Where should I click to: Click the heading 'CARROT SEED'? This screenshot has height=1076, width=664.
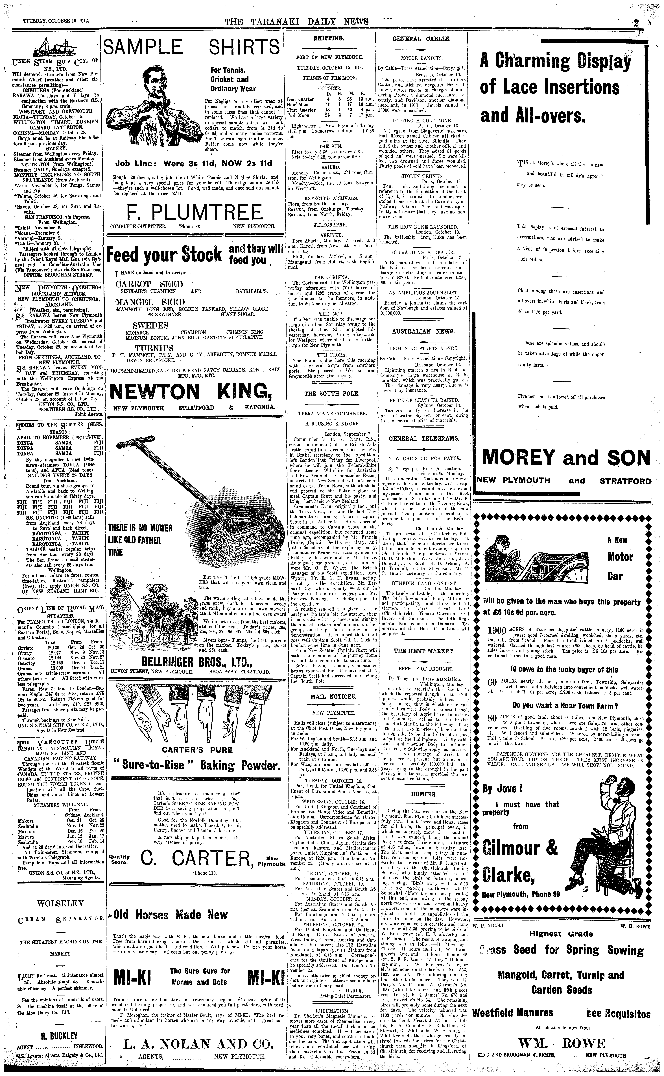149,284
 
